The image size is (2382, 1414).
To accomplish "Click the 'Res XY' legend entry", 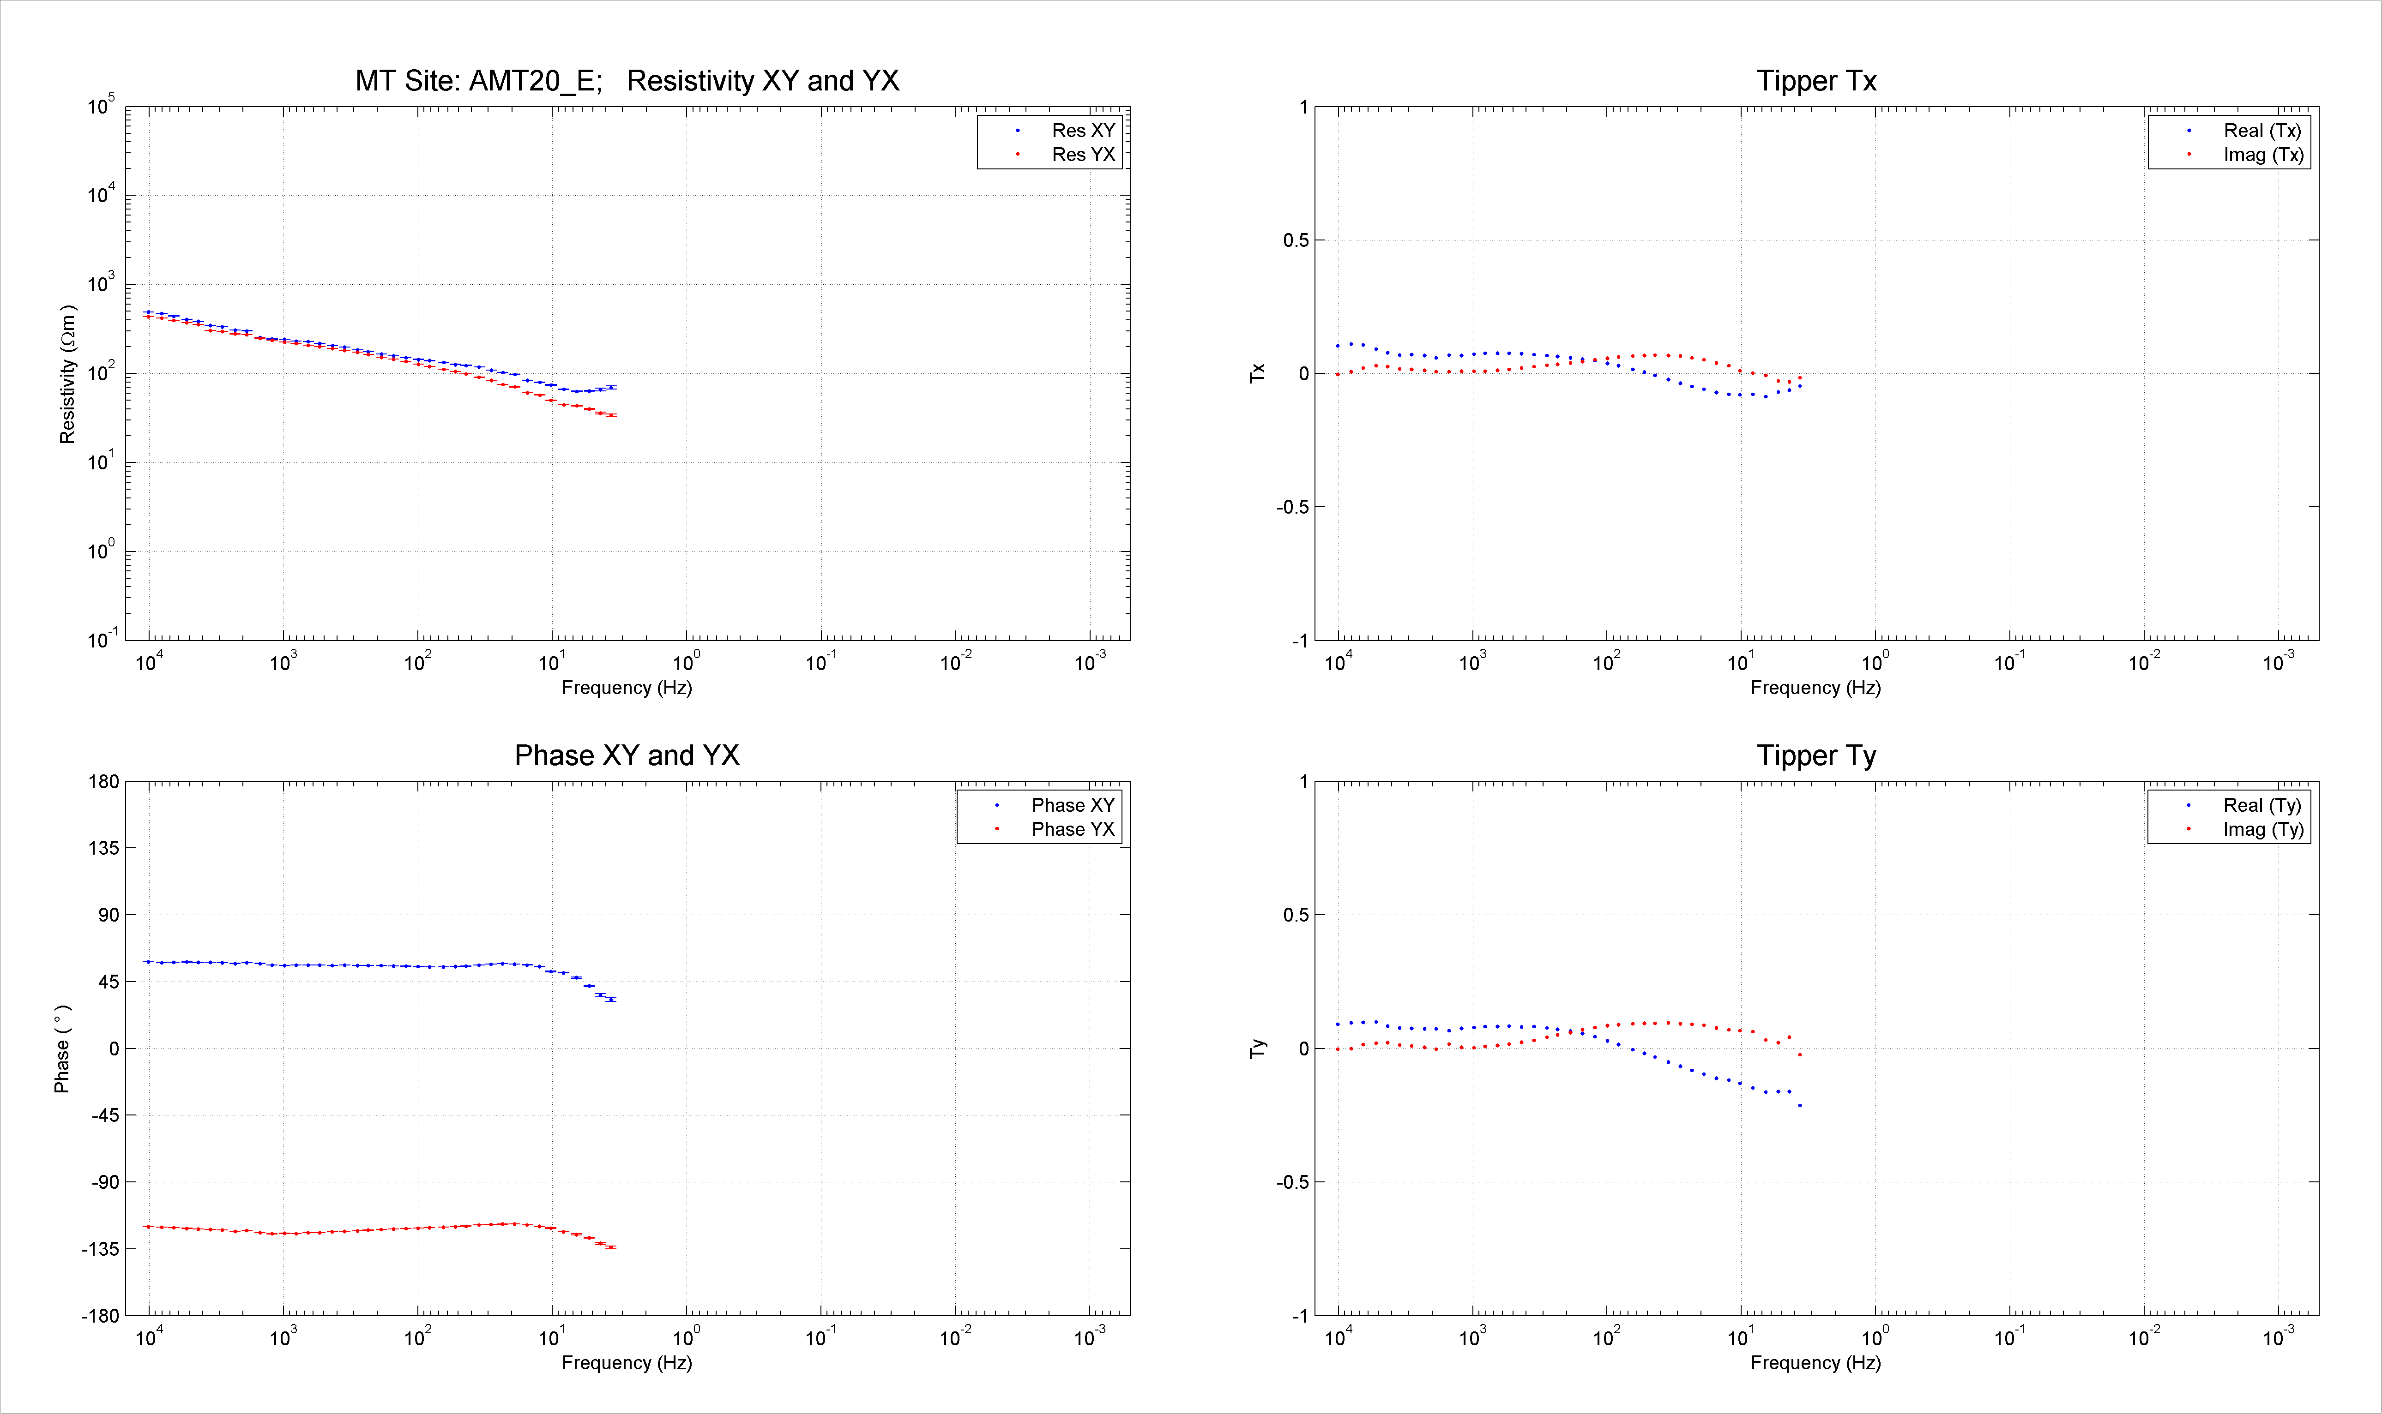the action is pos(1083,131).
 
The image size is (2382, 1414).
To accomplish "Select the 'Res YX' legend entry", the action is pos(1083,154).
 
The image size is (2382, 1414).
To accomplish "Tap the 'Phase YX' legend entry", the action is pos(1072,829).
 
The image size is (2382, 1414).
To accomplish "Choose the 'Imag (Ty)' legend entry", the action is pos(2263,829).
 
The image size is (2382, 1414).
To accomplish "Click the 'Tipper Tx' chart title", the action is pos(1816,81).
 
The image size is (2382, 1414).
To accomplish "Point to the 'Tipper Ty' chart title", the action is pos(1816,755).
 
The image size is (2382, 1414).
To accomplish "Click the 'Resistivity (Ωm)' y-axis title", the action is pos(67,374).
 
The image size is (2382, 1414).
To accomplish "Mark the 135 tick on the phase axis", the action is pos(104,848).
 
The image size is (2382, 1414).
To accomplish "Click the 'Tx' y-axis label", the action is pos(1257,373).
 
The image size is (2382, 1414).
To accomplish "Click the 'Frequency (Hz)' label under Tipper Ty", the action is pos(1816,1364).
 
